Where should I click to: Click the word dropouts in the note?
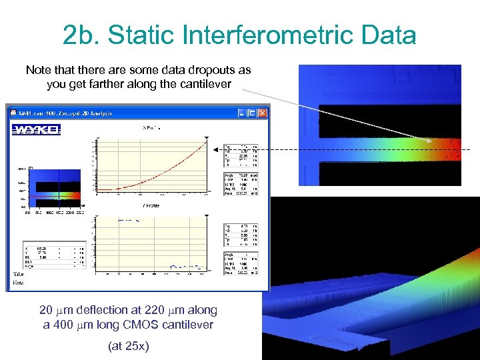(207, 70)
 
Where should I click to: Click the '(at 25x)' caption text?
(127, 346)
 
